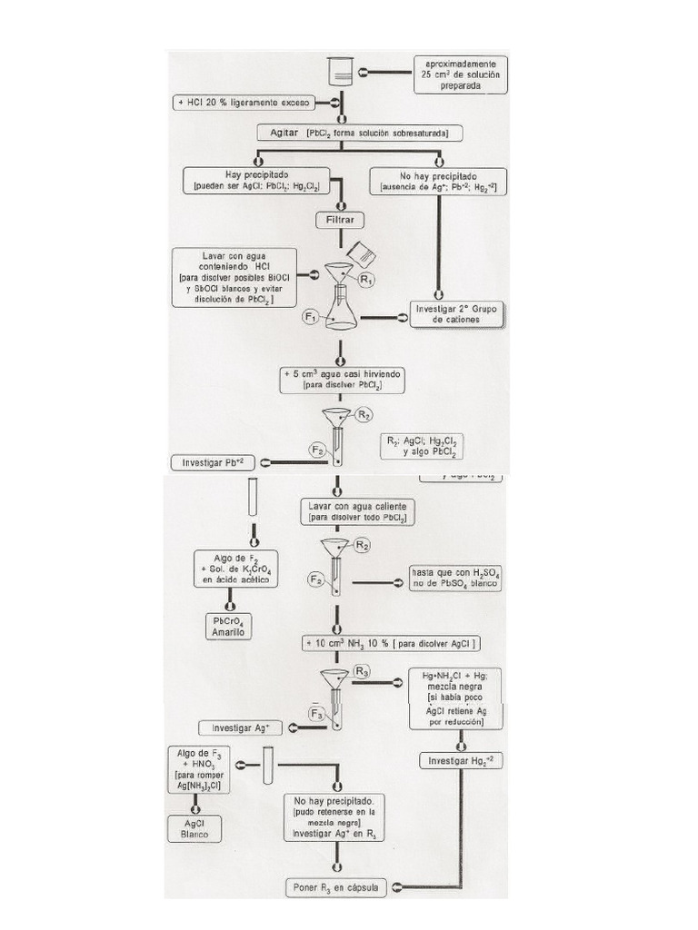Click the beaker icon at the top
[x=341, y=71]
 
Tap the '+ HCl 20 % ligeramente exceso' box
[x=244, y=103]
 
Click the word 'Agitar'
[x=287, y=133]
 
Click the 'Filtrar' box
[x=341, y=220]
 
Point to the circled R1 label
[x=366, y=281]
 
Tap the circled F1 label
[x=310, y=317]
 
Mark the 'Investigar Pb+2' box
[x=214, y=462]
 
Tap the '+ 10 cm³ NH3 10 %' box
[x=392, y=643]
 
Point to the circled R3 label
[x=363, y=673]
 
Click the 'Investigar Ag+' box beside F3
[x=247, y=727]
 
